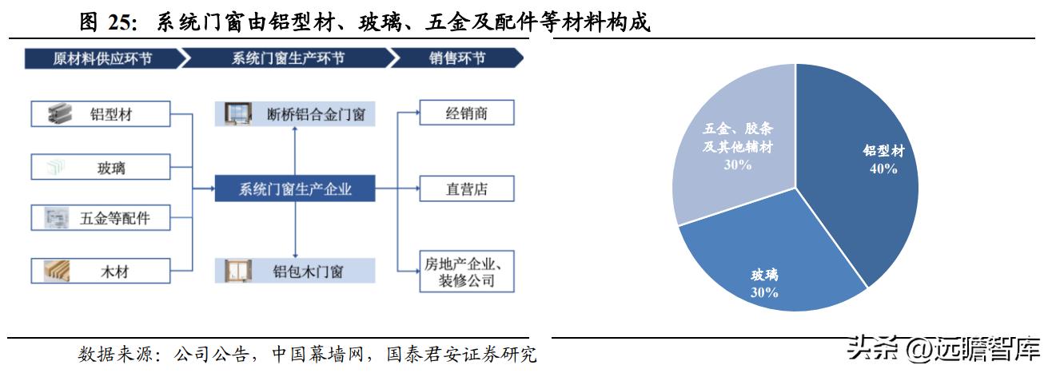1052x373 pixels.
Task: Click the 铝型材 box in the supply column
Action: pyautogui.click(x=101, y=113)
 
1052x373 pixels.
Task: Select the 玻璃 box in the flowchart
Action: pyautogui.click(x=101, y=167)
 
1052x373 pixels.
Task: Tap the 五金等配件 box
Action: pyautogui.click(x=101, y=218)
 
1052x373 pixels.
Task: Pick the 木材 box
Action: pyautogui.click(x=101, y=271)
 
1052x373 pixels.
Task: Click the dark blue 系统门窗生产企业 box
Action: pyautogui.click(x=295, y=188)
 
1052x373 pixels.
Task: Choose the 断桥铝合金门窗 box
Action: pyautogui.click(x=295, y=113)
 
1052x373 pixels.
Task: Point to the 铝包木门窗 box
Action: pyautogui.click(x=295, y=271)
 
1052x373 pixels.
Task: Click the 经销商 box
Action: pyautogui.click(x=467, y=113)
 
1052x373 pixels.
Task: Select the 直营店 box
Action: pyautogui.click(x=467, y=188)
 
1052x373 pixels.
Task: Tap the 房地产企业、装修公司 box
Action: pyautogui.click(x=467, y=272)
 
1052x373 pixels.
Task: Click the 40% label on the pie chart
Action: pyautogui.click(x=883, y=169)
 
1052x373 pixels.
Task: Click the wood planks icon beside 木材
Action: pyautogui.click(x=57, y=272)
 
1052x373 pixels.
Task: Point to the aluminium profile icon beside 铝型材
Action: pyautogui.click(x=60, y=113)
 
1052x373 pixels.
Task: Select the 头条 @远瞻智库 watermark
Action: pyautogui.click(x=944, y=349)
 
